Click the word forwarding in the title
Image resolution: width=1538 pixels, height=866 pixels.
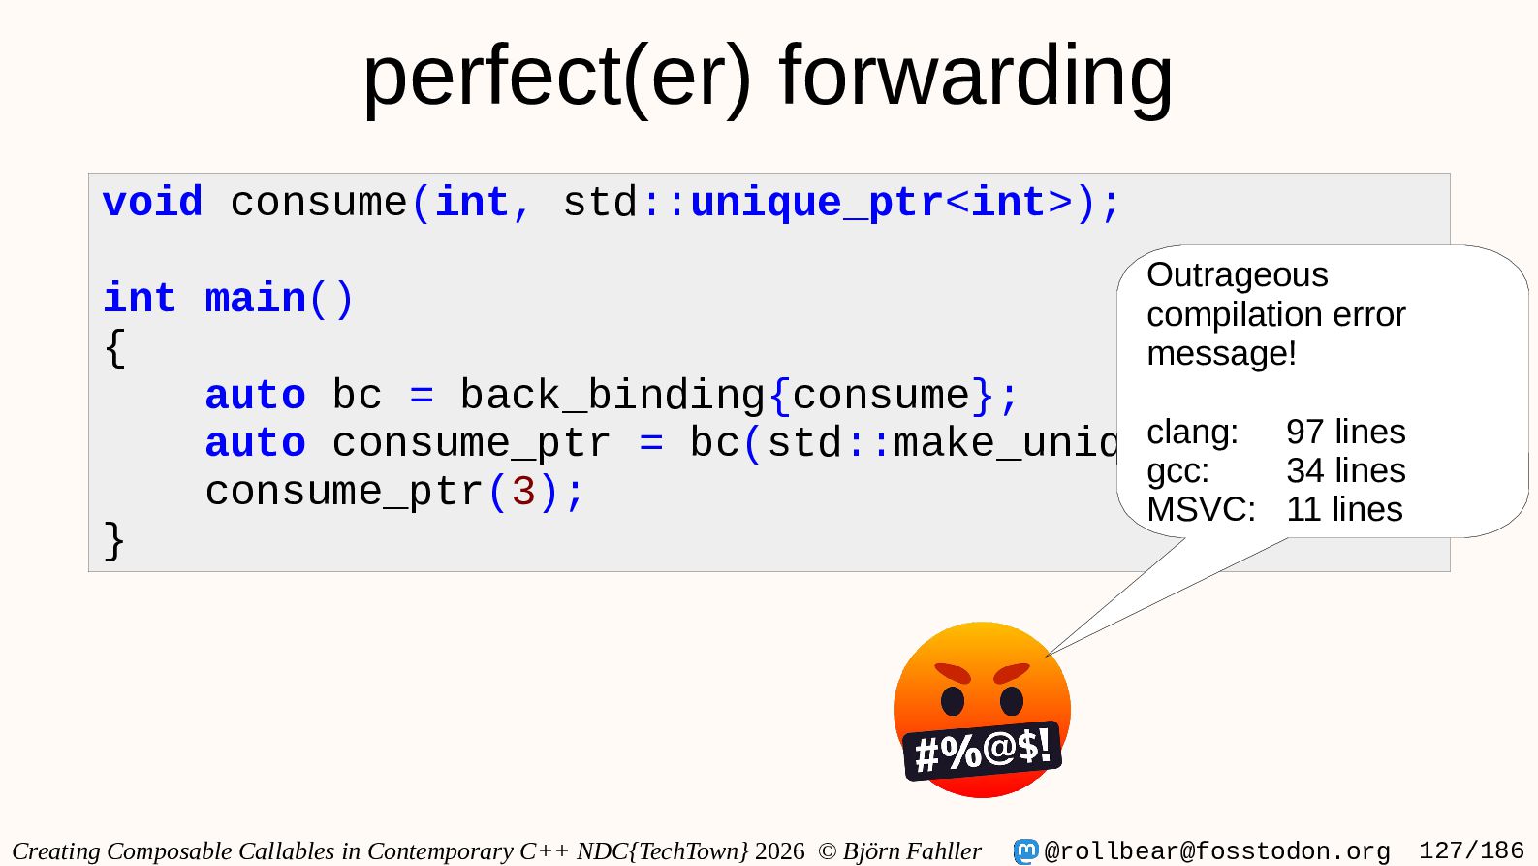(x=976, y=77)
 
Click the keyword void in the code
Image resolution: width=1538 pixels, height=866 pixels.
(x=152, y=203)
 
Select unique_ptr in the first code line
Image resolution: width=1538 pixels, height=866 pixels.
(x=817, y=204)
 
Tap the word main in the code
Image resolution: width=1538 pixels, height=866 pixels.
(x=256, y=299)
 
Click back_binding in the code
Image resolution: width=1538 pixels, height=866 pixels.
(x=612, y=396)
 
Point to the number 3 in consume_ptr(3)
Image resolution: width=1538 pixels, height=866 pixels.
(x=523, y=492)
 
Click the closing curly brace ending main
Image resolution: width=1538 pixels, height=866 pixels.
(x=114, y=541)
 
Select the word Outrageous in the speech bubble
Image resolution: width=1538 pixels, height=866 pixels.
(x=1238, y=274)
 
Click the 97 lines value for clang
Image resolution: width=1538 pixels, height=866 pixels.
(x=1346, y=432)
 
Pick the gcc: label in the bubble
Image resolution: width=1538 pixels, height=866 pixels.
(x=1177, y=471)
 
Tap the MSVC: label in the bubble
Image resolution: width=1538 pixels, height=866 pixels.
(x=1201, y=509)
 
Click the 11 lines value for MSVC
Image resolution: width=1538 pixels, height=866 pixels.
(x=1344, y=509)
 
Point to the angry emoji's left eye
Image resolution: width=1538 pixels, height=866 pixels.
(x=953, y=701)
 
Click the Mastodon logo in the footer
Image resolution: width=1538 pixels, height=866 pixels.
(x=1025, y=850)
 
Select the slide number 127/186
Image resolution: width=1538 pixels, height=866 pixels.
(x=1471, y=850)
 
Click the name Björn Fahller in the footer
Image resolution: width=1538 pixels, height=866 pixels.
(x=912, y=850)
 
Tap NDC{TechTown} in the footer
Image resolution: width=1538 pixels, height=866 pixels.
(x=662, y=850)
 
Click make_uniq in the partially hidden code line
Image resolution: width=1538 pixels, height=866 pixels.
(x=1005, y=443)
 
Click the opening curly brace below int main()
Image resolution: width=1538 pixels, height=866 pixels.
(x=114, y=348)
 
